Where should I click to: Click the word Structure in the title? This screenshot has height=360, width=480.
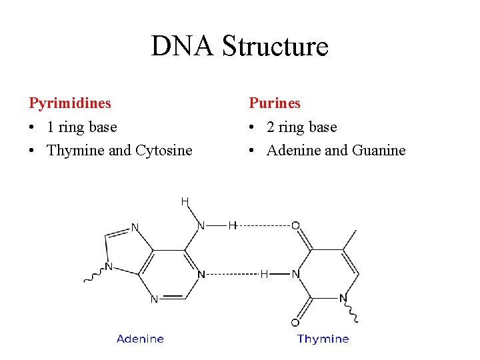[275, 46]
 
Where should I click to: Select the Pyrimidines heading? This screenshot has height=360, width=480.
[70, 103]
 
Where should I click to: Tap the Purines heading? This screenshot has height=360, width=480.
[275, 103]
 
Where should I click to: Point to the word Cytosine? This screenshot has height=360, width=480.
[163, 151]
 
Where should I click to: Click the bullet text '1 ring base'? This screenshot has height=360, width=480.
[82, 127]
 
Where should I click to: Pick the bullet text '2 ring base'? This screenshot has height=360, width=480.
[302, 127]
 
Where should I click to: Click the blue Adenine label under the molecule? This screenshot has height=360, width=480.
[140, 339]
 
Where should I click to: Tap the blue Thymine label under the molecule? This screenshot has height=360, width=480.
[323, 339]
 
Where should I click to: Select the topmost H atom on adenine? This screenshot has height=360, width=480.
[185, 201]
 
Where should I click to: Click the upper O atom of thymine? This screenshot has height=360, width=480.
[295, 226]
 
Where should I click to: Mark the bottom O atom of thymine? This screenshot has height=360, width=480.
[295, 323]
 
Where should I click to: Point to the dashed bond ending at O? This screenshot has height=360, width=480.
[263, 225]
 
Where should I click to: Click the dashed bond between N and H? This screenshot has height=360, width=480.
[232, 273]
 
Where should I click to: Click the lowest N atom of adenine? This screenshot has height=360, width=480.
[154, 299]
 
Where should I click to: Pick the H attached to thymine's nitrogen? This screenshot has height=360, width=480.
[264, 273]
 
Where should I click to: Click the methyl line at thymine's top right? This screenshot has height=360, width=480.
[351, 239]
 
